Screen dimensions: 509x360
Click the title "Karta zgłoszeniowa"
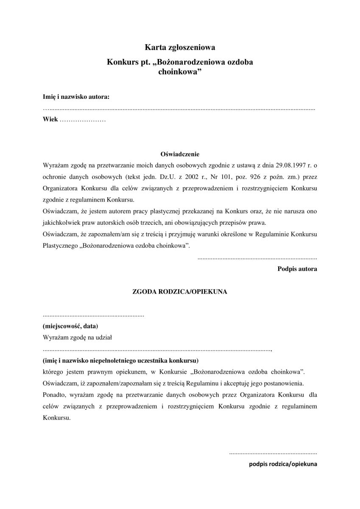pos(180,48)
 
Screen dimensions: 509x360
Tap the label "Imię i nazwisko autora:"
pos(76,97)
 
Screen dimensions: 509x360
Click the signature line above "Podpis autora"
pos(257,257)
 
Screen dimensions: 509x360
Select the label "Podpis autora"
pos(297,268)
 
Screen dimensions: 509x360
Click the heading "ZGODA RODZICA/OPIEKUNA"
pos(180,292)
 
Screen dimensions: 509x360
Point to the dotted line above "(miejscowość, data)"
pos(93,316)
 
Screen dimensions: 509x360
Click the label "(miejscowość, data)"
pos(70,326)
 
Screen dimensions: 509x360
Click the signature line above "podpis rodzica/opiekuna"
pos(273,453)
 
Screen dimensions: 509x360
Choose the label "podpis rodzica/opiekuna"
pos(283,464)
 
